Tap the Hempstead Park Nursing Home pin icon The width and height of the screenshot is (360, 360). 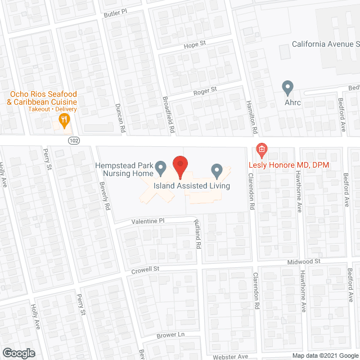(160, 168)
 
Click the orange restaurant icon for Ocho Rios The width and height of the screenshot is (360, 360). (64, 119)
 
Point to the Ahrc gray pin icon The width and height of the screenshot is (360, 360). (288, 88)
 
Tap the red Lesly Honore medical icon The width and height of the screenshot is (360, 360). (261, 150)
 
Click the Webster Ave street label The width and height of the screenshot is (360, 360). (231, 356)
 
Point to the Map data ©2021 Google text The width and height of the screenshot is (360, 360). (325, 355)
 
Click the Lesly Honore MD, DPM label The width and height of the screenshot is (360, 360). (289, 164)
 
